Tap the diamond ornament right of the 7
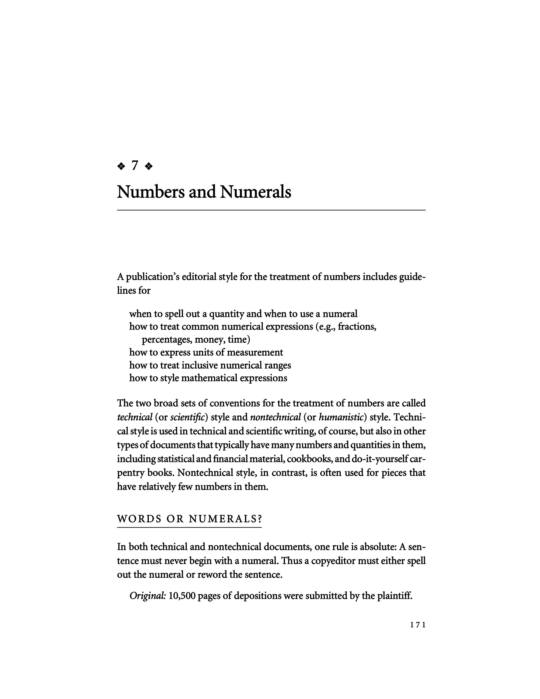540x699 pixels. [149, 166]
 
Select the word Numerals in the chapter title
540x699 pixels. [255, 192]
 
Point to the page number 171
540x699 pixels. [418, 625]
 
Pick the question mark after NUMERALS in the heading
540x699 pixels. [259, 519]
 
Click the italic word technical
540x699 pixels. [135, 417]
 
